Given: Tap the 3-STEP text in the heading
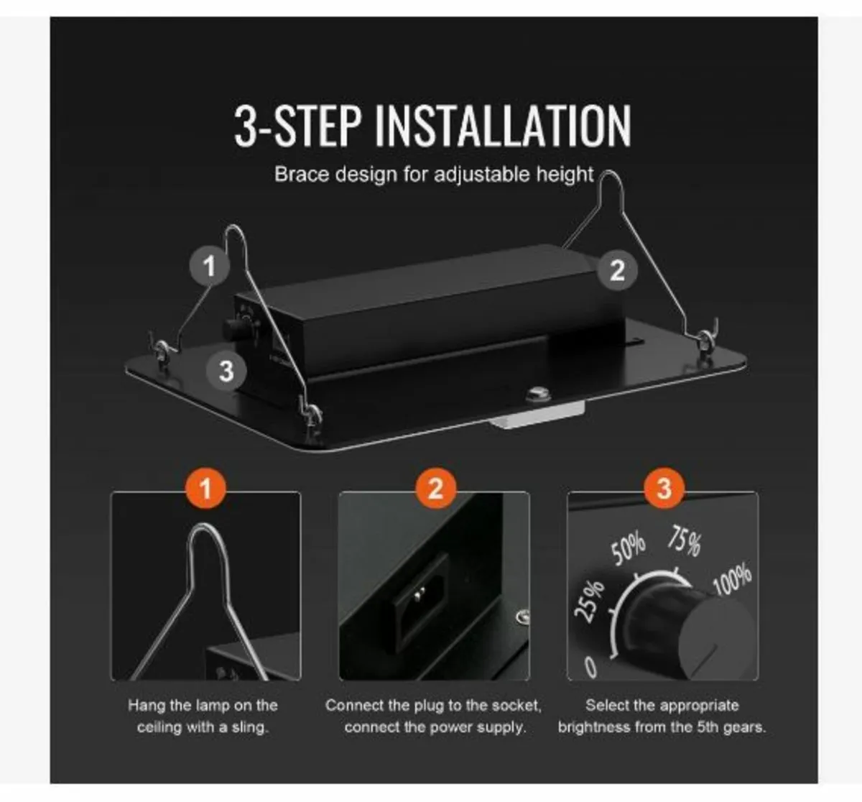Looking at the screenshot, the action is pos(298,126).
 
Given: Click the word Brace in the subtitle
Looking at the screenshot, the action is pos(301,175).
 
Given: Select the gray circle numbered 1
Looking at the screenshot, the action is pos(210,265).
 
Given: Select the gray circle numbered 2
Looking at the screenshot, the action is pos(617,270).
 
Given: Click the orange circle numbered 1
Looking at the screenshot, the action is pos(206,489).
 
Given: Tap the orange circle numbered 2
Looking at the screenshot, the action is pos(435,489).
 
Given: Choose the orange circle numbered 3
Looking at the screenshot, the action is pos(664,489).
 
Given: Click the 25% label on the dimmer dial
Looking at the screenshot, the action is pos(589,601).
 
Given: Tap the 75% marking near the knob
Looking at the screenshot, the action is pos(685,540).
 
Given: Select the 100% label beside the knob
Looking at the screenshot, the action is pos(732,579).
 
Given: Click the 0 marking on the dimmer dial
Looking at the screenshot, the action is pos(590,667).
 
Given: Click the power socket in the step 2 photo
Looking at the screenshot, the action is pos(420,602).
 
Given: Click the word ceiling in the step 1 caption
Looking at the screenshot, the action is pos(159,727).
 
